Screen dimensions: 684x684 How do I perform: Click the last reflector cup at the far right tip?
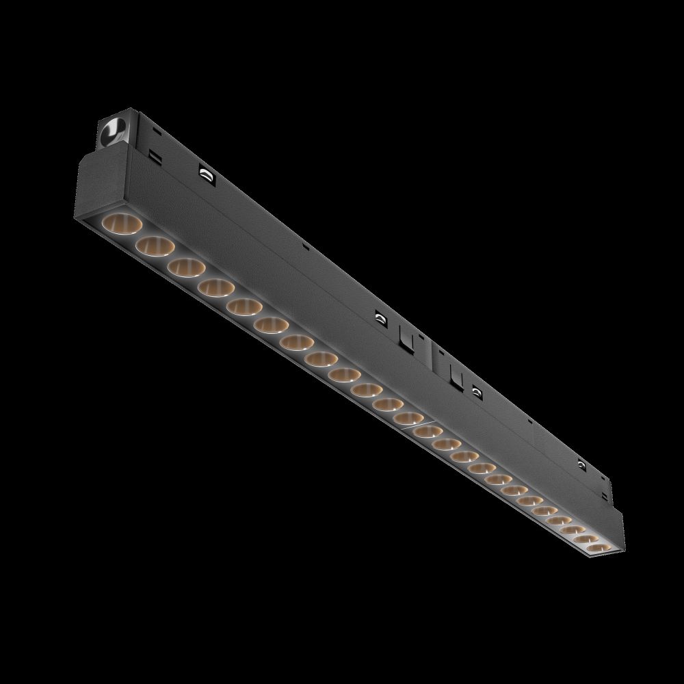(596, 548)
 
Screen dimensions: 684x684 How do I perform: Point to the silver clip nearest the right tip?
(581, 465)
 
